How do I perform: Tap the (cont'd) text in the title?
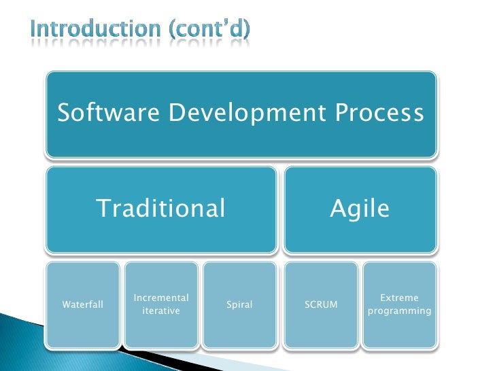(x=214, y=29)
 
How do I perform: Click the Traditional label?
(x=160, y=209)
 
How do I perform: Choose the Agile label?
(x=360, y=209)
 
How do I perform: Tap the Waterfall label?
(x=83, y=305)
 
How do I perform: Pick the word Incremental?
(x=161, y=298)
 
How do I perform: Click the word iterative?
(x=161, y=311)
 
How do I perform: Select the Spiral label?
(x=239, y=305)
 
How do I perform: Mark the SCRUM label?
(x=322, y=305)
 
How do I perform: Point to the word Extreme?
(x=399, y=298)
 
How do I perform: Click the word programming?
(x=399, y=311)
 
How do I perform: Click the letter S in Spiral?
(x=228, y=305)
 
